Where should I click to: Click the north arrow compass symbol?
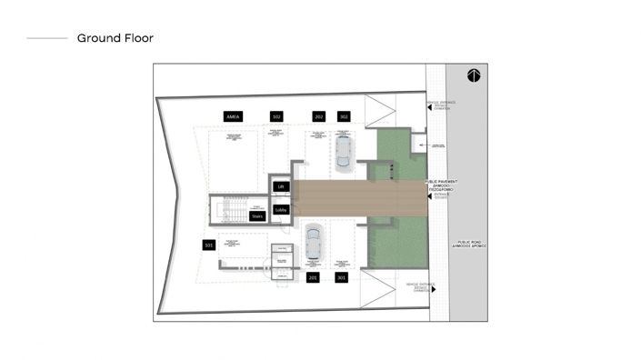[474, 75]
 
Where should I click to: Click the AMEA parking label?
[232, 116]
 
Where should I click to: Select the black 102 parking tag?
[276, 116]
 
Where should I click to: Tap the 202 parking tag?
[318, 116]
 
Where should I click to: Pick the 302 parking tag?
[344, 116]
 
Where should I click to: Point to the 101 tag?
[208, 245]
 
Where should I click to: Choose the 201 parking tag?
[313, 277]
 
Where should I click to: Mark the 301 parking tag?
[341, 277]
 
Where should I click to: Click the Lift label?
[281, 187]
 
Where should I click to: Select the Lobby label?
[281, 209]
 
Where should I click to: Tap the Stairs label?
[257, 216]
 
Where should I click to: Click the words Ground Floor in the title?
[115, 38]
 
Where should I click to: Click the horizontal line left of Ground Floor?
[47, 38]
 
